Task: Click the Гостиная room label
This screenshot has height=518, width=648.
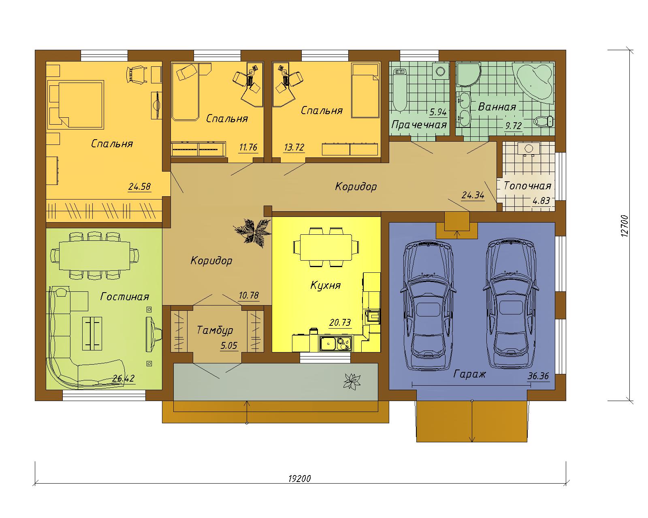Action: (124, 297)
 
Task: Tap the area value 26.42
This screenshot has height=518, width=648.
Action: (123, 378)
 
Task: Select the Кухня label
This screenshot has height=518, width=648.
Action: (326, 285)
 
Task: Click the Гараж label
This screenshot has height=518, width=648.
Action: (469, 374)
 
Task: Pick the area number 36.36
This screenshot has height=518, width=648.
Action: (538, 376)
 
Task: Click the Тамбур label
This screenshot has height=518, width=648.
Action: (215, 331)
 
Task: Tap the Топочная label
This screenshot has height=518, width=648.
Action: (527, 186)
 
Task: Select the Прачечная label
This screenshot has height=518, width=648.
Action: (419, 125)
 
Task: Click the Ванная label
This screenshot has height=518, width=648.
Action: (497, 107)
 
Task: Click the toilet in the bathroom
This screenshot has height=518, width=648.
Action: (544, 121)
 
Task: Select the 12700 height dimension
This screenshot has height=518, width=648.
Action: (625, 226)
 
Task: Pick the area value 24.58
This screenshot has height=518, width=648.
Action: (139, 187)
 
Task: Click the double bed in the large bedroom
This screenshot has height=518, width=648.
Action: (76, 104)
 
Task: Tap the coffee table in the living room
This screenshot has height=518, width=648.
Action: (92, 333)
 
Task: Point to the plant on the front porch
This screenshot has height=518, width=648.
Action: (352, 381)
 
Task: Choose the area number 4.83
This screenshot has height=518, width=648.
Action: (541, 200)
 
